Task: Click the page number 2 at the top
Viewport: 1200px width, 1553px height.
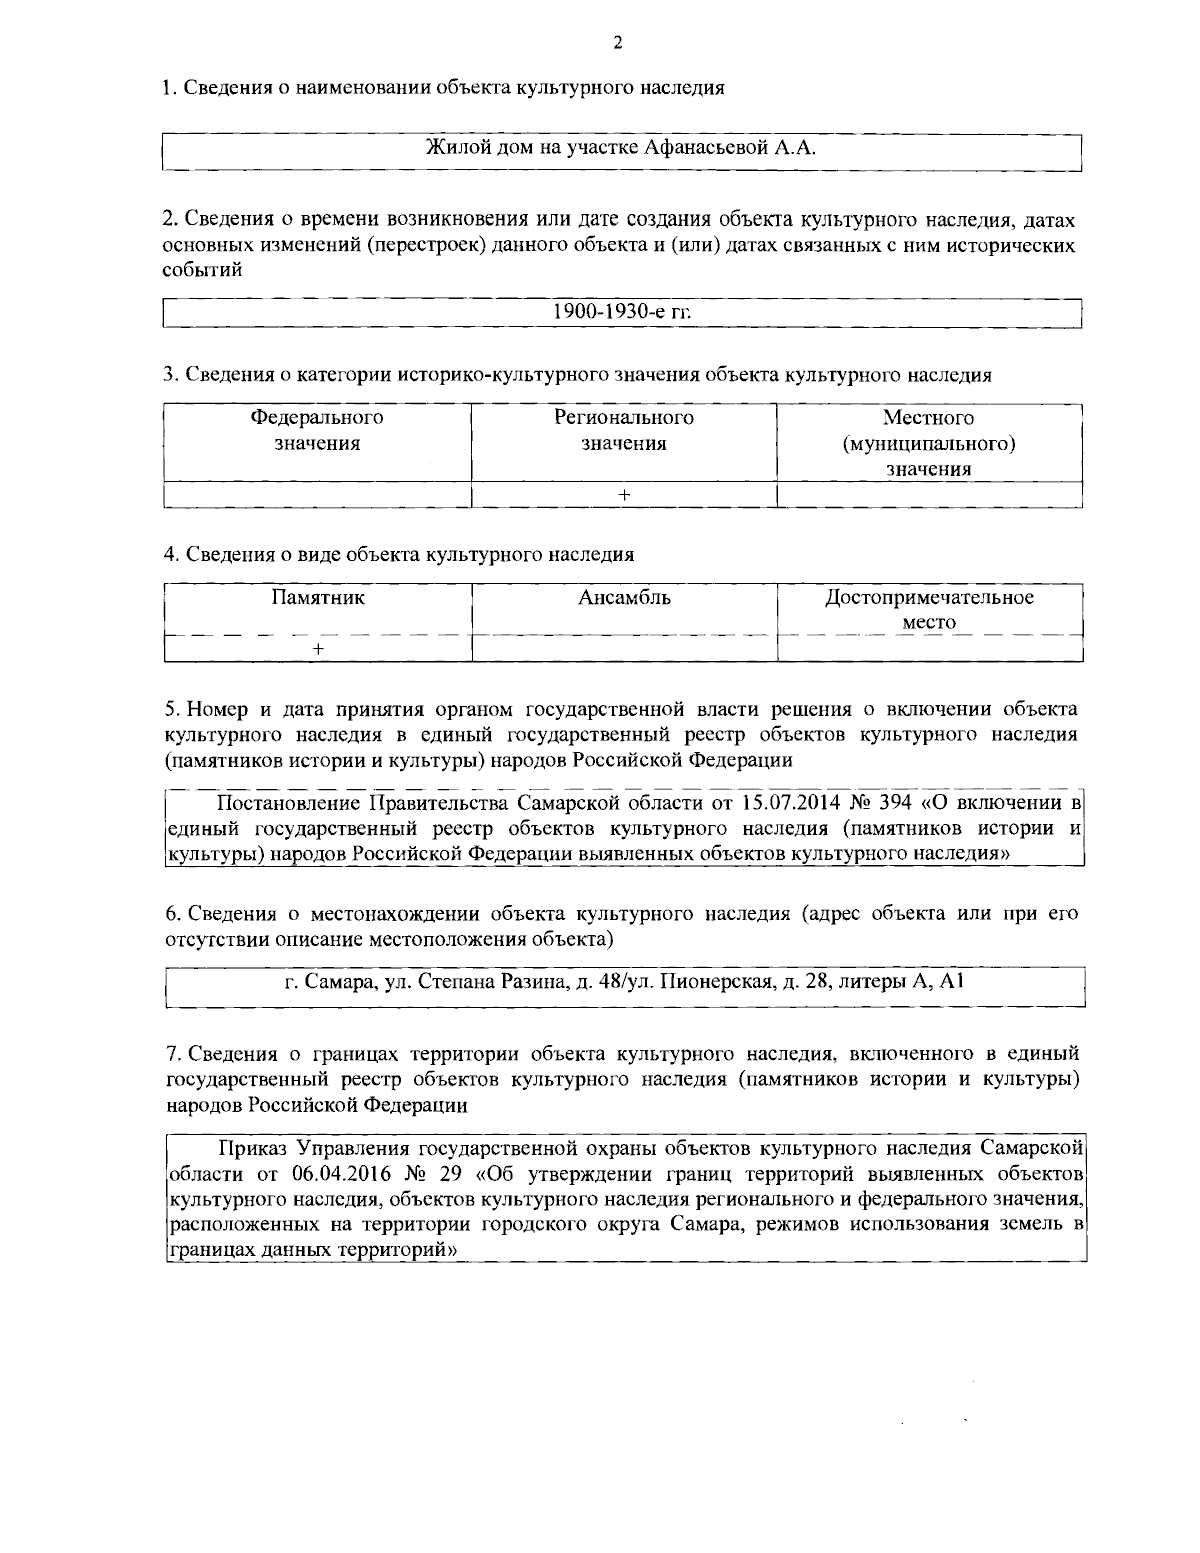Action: click(x=617, y=42)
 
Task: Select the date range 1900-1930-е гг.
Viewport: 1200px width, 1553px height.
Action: click(x=622, y=312)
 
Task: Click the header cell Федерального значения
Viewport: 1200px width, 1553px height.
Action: click(x=317, y=430)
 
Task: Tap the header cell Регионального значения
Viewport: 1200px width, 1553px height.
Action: click(x=624, y=430)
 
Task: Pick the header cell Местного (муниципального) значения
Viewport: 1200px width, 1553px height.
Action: click(x=929, y=443)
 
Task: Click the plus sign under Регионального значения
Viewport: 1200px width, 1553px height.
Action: click(x=624, y=494)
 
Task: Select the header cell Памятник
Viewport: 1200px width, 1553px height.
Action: click(x=317, y=599)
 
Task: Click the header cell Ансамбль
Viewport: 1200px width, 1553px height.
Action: click(x=624, y=599)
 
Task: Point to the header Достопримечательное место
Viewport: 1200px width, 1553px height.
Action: click(x=929, y=610)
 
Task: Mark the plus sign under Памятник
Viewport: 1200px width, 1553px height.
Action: click(x=317, y=648)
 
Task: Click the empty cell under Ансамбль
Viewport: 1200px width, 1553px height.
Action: click(x=624, y=648)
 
